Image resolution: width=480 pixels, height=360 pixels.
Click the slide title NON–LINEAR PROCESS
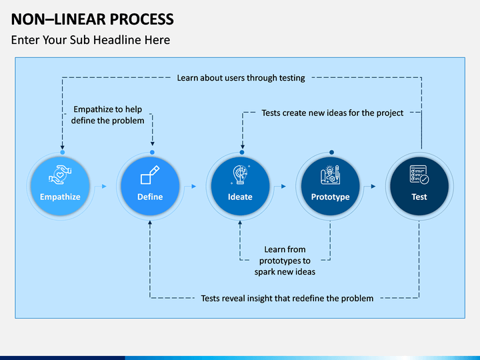pos(92,19)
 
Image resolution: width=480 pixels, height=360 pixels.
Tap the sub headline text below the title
pos(91,40)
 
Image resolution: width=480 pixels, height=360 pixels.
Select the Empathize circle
pos(60,186)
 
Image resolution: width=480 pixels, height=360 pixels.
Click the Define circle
pos(150,186)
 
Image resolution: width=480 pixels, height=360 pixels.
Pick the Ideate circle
pos(240,186)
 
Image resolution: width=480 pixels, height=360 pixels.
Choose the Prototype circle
pos(330,186)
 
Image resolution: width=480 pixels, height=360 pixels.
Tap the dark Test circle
pos(419,186)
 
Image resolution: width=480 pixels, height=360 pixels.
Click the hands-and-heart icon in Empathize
pos(60,175)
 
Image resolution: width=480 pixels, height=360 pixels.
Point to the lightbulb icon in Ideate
pos(240,175)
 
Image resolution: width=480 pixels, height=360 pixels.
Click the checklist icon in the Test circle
pos(419,175)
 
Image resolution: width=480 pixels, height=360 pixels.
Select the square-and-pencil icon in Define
pos(150,175)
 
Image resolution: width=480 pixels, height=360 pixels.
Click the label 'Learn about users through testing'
pos(241,78)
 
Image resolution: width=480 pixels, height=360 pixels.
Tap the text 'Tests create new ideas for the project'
pos(333,113)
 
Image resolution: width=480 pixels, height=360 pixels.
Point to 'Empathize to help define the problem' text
pos(108,115)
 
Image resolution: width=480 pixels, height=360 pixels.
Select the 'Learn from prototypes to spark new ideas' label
pos(285,261)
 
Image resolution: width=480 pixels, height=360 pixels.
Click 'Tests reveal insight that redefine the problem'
pos(287,298)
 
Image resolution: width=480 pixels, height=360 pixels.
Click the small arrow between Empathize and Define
pos(104,186)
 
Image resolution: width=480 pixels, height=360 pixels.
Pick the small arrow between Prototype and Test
pos(373,186)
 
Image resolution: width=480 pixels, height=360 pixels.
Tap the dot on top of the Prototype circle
pos(331,152)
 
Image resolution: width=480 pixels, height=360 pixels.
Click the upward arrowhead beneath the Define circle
pos(150,223)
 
